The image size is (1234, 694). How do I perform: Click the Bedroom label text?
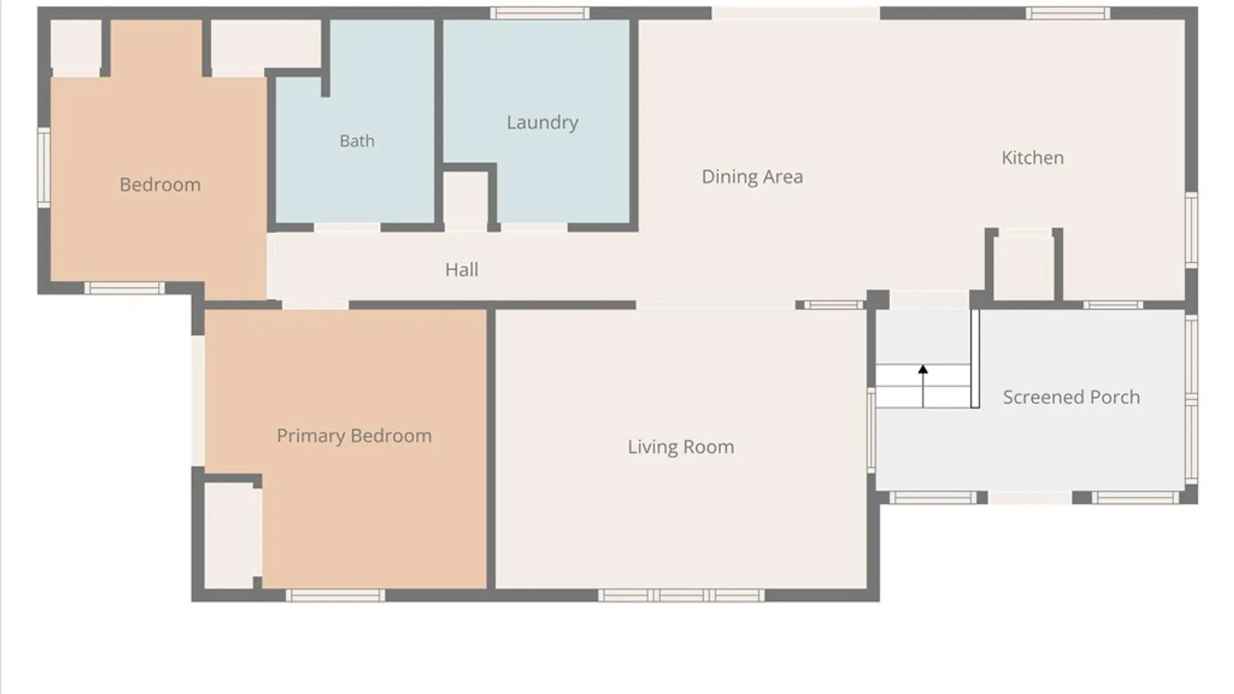tap(160, 185)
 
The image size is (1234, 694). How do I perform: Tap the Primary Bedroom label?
tap(354, 436)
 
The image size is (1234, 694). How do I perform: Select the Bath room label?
tap(357, 141)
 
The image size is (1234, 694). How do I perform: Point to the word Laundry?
tap(542, 123)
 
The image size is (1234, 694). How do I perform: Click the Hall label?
tap(461, 270)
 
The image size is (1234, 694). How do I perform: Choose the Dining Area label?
tap(752, 177)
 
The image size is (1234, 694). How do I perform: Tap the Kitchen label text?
tap(1032, 158)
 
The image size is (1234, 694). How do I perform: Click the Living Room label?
tap(681, 447)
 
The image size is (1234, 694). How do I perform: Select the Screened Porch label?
tap(1071, 397)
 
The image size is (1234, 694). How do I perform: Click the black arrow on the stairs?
tap(923, 386)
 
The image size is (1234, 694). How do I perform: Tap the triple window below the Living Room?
tap(681, 596)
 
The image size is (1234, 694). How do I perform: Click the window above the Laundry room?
tap(540, 13)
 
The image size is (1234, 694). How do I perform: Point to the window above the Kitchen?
tap(1068, 13)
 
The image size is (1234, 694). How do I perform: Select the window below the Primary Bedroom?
tap(335, 596)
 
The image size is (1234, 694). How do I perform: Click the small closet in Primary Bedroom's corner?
tap(229, 535)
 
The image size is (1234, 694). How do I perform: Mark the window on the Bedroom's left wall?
tap(44, 168)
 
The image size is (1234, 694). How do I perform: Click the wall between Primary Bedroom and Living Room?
tap(490, 449)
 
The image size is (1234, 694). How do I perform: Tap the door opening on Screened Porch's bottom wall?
tap(1030, 497)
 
